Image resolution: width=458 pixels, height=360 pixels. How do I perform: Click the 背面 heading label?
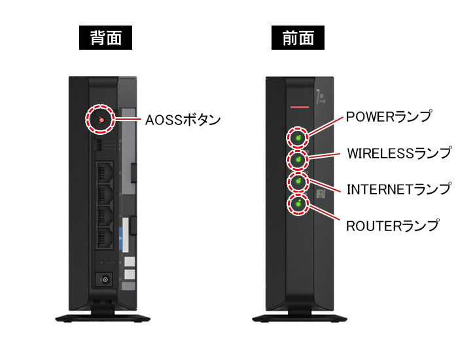tap(105, 39)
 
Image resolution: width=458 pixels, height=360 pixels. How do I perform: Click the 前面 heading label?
tap(298, 39)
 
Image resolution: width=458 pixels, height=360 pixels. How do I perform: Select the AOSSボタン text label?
tap(182, 120)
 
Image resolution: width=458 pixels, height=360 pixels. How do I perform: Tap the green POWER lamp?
tap(298, 138)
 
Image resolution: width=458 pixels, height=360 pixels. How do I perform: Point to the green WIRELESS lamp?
tap(298, 160)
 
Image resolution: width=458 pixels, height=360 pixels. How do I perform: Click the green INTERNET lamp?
tap(298, 181)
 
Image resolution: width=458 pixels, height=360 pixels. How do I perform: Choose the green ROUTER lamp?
tap(298, 204)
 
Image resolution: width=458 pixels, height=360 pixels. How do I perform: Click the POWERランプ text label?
tap(389, 117)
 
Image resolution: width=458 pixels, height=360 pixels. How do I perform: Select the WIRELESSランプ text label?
tap(398, 153)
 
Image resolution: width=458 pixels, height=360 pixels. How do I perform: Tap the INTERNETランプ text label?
tap(398, 189)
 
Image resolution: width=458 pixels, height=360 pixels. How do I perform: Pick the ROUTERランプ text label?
tap(392, 226)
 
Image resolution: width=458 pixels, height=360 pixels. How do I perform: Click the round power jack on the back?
tap(105, 279)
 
